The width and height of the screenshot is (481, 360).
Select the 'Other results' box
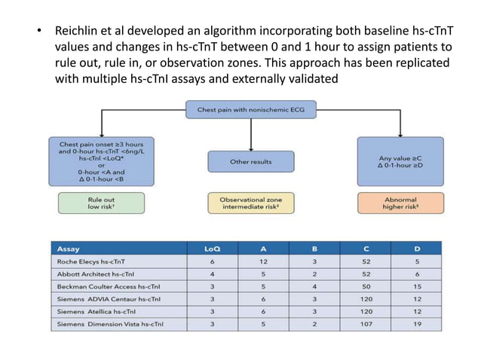point(250,161)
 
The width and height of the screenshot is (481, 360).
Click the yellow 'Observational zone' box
point(250,202)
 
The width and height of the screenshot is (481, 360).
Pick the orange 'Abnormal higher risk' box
point(400,202)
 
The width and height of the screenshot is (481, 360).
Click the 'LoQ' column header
point(213,248)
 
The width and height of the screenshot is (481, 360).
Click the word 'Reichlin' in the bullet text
point(78,33)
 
